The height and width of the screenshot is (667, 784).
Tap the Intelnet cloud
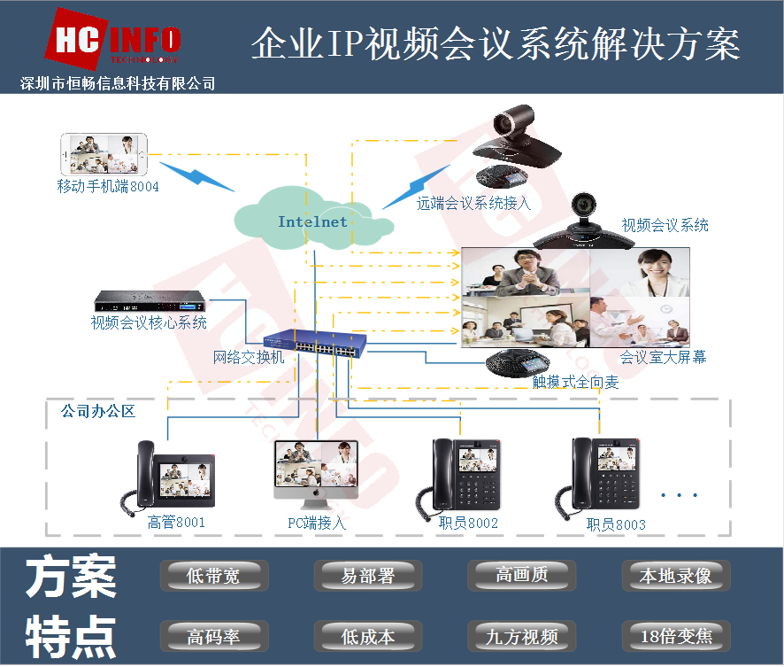312,217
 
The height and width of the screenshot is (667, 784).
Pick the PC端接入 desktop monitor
317,473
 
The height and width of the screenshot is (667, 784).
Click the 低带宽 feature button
213,576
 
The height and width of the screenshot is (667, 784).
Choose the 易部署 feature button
367,576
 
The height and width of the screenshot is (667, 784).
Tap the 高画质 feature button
521,575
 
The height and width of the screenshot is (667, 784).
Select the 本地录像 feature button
675,576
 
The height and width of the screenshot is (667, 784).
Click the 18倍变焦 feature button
675,635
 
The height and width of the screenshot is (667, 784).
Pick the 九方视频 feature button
521,635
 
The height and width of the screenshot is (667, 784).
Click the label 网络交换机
249,358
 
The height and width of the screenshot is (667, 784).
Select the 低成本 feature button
367,635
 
